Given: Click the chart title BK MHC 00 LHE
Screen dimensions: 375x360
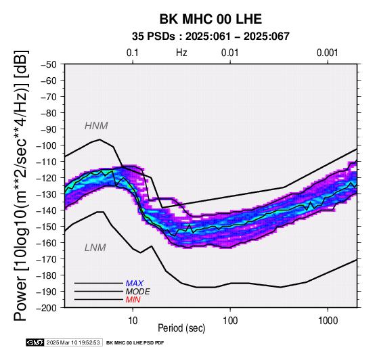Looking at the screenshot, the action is click(211, 19).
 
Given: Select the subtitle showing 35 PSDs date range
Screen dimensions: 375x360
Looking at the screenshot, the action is click(211, 37).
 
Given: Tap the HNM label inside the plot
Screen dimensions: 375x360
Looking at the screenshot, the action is click(96, 126).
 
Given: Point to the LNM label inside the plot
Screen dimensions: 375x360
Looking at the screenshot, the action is click(95, 248).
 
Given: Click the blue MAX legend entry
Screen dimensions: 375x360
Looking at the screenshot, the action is click(135, 284).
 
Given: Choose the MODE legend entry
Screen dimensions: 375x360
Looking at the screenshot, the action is click(138, 292).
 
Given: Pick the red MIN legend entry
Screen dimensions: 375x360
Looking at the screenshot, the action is click(133, 300).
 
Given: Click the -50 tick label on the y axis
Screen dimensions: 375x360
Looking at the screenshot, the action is click(49, 64).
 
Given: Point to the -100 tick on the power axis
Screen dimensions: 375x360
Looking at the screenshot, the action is click(47, 145).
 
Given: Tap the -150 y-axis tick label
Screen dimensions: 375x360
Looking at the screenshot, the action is click(47, 227).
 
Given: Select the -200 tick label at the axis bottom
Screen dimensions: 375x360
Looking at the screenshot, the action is click(47, 308).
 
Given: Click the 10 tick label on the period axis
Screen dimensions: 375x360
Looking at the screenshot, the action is click(133, 321).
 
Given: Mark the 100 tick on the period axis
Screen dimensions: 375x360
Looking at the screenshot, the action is click(230, 321).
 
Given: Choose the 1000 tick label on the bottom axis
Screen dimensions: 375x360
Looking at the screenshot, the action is click(328, 321).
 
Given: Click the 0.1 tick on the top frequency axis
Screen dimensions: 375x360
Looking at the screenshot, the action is click(133, 53).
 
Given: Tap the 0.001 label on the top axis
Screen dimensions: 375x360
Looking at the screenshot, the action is click(328, 53).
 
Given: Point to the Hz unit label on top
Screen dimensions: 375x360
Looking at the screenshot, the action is click(181, 53).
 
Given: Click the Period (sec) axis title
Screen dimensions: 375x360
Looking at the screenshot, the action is click(181, 328).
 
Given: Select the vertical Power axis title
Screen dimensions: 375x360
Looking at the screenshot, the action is click(21, 185).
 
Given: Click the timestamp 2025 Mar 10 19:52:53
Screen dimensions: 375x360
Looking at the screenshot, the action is click(73, 342).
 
